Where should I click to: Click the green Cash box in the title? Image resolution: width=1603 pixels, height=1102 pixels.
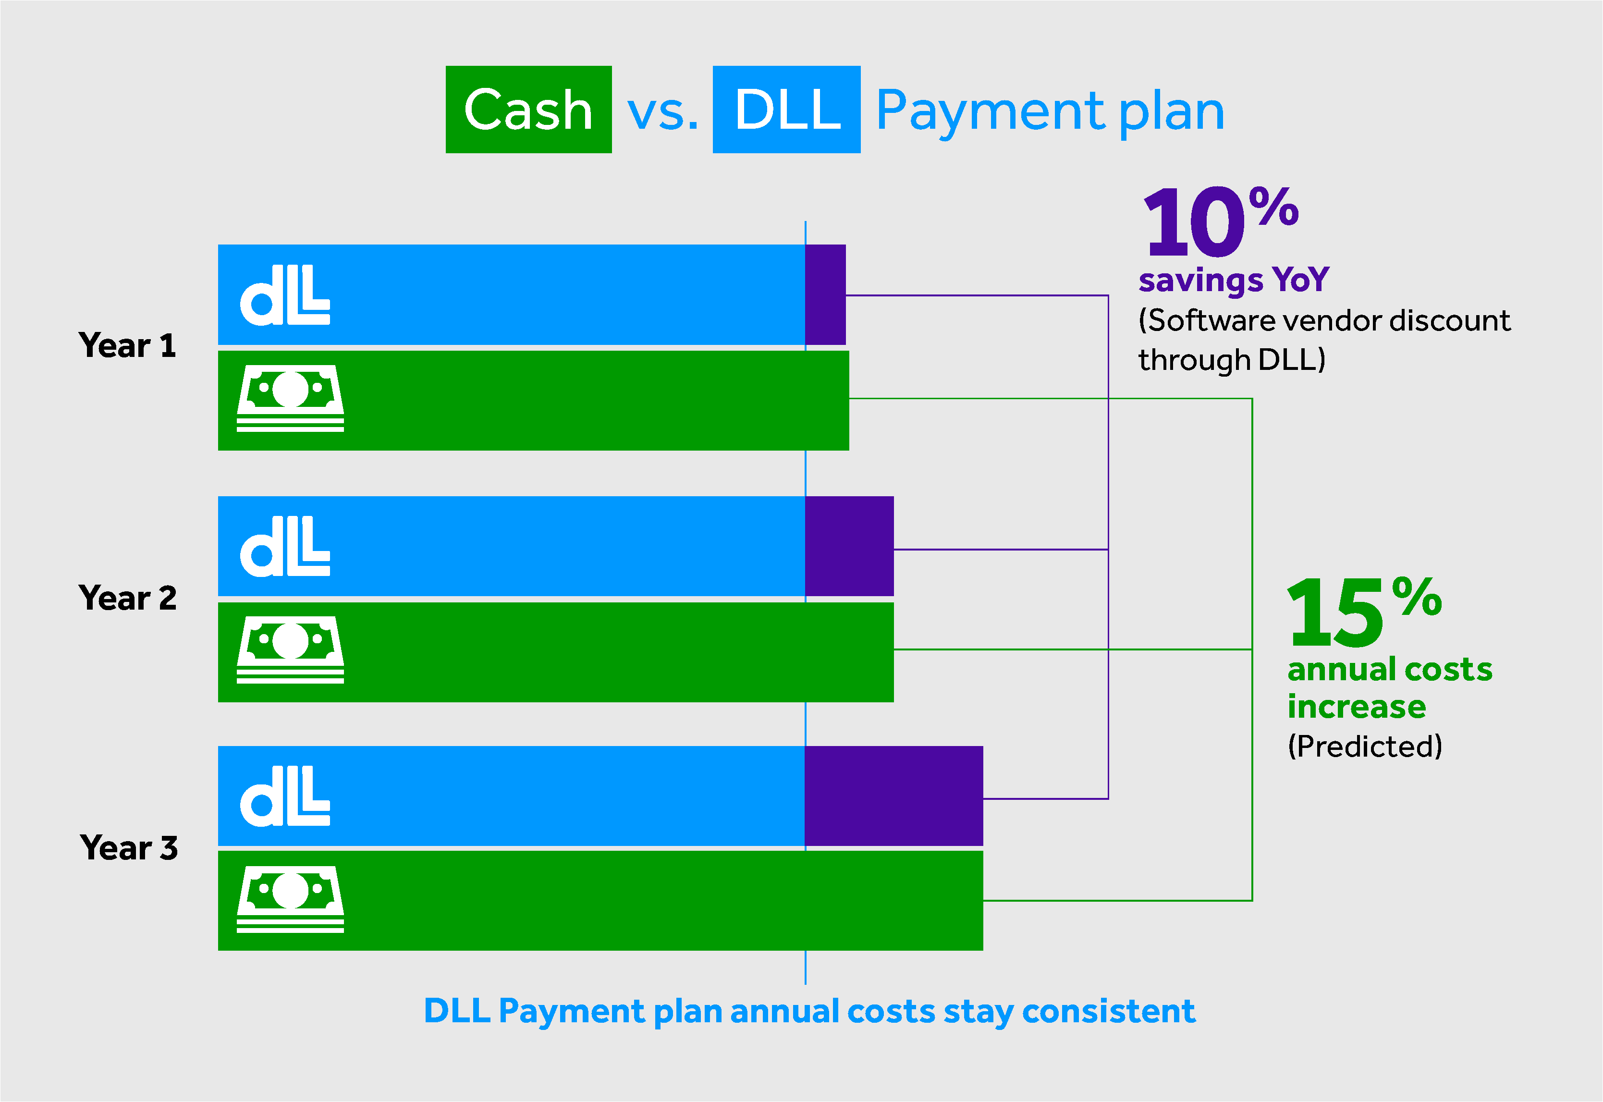pyautogui.click(x=528, y=109)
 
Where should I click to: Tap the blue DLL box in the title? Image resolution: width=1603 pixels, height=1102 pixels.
pyautogui.click(x=786, y=109)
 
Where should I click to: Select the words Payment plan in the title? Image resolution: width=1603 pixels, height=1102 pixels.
pyautogui.click(x=1050, y=112)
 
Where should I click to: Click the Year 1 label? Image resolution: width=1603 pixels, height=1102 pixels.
pyautogui.click(x=128, y=345)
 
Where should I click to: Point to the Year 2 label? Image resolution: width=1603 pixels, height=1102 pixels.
pyautogui.click(x=128, y=598)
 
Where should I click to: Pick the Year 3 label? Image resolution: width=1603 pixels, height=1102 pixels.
pyautogui.click(x=129, y=848)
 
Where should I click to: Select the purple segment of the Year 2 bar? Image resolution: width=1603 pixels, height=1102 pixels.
pyautogui.click(x=850, y=546)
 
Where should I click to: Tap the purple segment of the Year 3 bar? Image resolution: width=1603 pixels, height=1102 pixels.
pyautogui.click(x=894, y=796)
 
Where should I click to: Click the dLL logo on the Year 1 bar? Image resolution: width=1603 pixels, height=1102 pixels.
pyautogui.click(x=285, y=295)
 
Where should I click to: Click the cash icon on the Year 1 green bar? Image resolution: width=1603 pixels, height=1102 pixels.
pyautogui.click(x=291, y=398)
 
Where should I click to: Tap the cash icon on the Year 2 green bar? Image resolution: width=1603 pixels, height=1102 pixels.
pyautogui.click(x=291, y=650)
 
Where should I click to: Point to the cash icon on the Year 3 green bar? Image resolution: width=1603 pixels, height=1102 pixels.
pyautogui.click(x=291, y=900)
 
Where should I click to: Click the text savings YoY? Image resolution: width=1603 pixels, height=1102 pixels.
pyautogui.click(x=1234, y=281)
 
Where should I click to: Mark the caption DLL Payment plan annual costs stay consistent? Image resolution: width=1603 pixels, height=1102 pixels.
pyautogui.click(x=809, y=1012)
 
